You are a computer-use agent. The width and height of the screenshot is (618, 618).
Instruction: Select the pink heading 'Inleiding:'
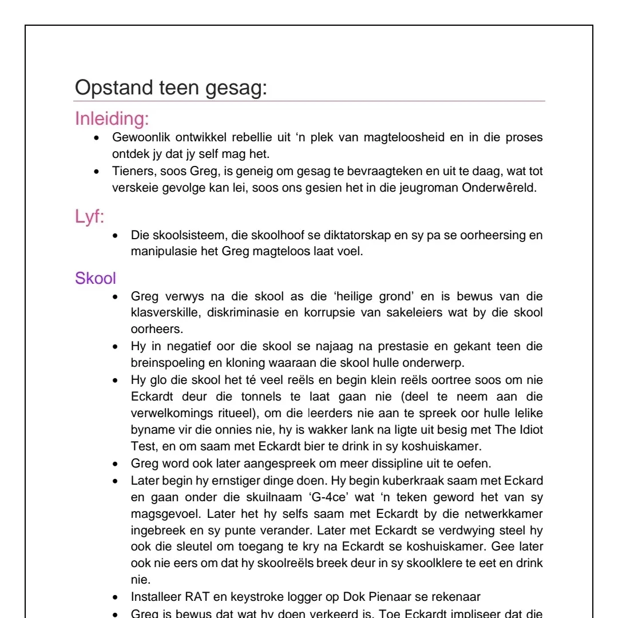click(x=112, y=120)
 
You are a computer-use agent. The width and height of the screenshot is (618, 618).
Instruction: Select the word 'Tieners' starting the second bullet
click(x=130, y=172)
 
